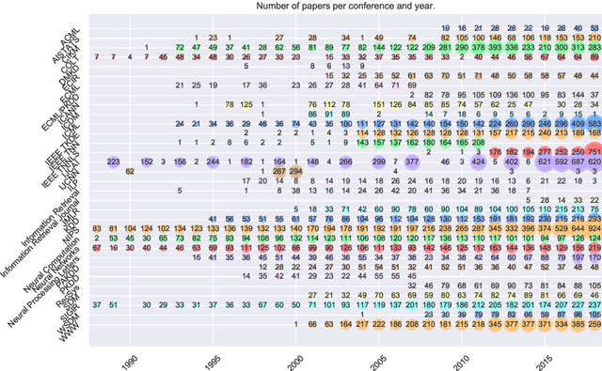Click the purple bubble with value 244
click(213, 162)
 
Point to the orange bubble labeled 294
click(295, 171)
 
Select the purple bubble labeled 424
click(478, 162)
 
